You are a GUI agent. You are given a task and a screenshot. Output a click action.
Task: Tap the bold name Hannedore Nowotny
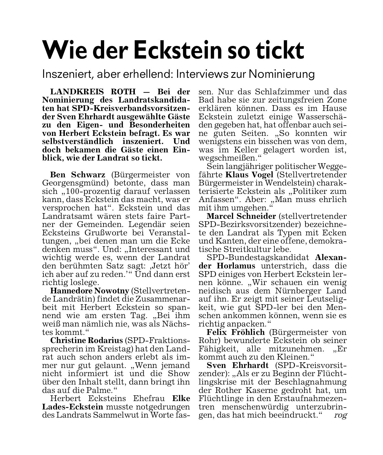point(90,291)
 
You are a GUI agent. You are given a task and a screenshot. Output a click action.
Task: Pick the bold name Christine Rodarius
point(87,340)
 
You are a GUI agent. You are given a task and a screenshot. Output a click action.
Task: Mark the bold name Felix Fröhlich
point(236,332)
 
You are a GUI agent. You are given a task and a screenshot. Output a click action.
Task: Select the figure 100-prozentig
point(89,191)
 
